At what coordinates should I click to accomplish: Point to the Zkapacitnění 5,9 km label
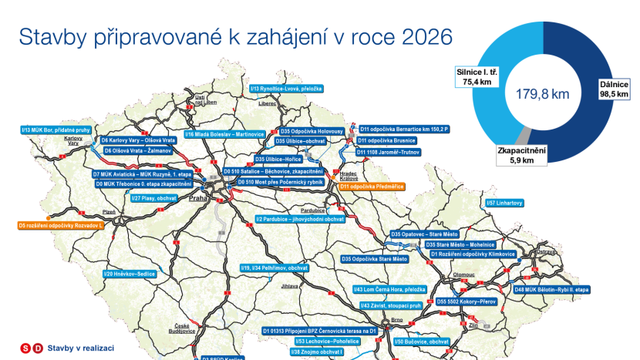click(523, 154)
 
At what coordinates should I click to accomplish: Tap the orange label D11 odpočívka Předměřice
click(376, 187)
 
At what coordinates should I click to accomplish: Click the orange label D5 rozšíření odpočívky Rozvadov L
click(60, 225)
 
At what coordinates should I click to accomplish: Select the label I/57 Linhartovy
click(505, 203)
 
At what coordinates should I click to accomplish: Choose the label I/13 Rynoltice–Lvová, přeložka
click(286, 89)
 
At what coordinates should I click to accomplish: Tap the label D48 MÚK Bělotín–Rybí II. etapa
click(552, 289)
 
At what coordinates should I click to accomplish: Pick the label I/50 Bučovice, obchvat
click(422, 341)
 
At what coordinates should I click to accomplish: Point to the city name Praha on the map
click(199, 199)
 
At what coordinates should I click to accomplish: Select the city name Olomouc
click(464, 274)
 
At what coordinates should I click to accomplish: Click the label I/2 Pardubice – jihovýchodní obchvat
click(299, 220)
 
